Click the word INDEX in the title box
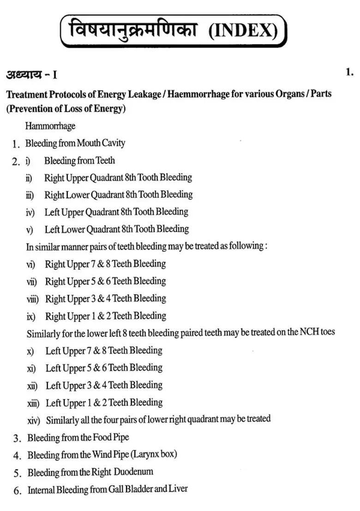(243, 31)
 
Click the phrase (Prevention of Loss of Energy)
(66, 109)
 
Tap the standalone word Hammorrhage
(50, 126)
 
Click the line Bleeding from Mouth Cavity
(75, 143)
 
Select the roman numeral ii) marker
(30, 178)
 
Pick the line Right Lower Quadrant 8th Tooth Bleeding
(119, 195)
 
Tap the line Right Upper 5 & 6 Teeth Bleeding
(105, 281)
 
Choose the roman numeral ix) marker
(31, 316)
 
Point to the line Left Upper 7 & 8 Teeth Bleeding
(104, 351)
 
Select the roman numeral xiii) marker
(34, 403)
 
